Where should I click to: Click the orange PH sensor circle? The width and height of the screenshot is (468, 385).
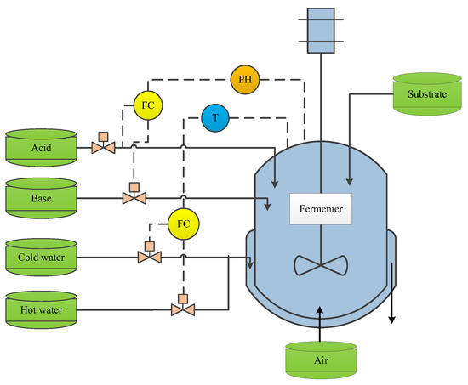[245, 81]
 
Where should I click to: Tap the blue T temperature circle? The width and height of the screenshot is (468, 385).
[216, 118]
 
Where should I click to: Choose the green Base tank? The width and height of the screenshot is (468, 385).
[40, 197]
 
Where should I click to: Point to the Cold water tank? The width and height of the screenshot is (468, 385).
[40, 255]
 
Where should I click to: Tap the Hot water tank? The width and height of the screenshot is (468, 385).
[40, 308]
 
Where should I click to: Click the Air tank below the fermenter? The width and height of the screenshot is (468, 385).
[320, 358]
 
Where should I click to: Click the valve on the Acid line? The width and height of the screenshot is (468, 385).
[104, 148]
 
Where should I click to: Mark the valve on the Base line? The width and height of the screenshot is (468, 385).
[134, 198]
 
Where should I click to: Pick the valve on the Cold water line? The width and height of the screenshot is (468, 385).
[149, 256]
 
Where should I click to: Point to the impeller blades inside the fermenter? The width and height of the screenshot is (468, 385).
[320, 264]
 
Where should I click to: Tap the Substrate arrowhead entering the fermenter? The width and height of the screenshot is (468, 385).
[350, 180]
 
